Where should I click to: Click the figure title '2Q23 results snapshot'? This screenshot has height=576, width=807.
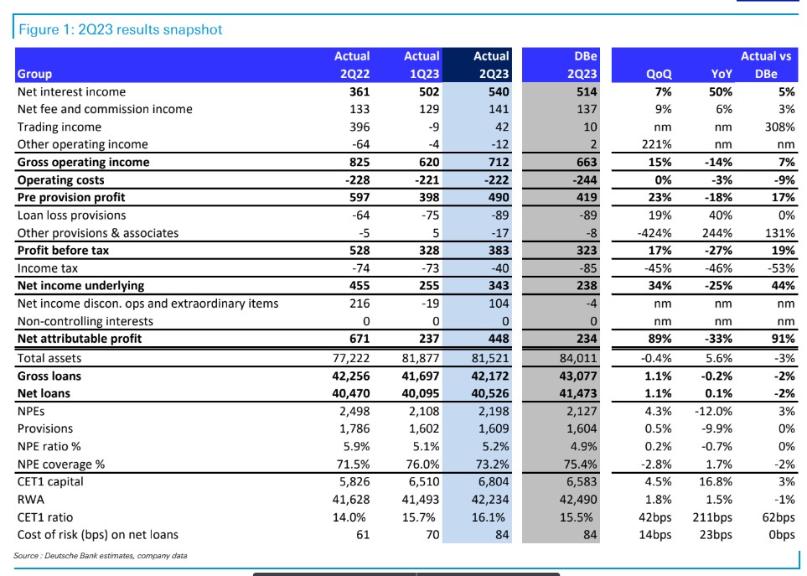pos(150,29)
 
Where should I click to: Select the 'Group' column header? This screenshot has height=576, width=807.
pos(34,74)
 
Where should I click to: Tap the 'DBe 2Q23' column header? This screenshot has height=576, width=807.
pos(582,65)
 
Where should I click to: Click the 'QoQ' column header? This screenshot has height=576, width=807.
pos(659,74)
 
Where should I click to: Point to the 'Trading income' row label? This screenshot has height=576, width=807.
pos(59,127)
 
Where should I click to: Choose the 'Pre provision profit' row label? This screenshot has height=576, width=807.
pos(71,197)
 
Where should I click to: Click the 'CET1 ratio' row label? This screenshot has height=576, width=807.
pos(45,516)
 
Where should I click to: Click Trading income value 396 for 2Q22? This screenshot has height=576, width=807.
pos(360,127)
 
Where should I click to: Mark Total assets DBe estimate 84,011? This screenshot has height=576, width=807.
pos(578,358)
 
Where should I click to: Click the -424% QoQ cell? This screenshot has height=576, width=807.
pos(654,233)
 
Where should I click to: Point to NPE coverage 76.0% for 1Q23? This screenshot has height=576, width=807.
pos(422,464)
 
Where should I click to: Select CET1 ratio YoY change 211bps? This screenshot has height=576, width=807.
pos(712,516)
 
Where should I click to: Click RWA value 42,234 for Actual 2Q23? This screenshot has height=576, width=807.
pos(490,500)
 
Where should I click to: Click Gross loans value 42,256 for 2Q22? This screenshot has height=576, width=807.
pos(351,376)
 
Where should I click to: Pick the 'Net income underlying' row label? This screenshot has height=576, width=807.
pos(80,285)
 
